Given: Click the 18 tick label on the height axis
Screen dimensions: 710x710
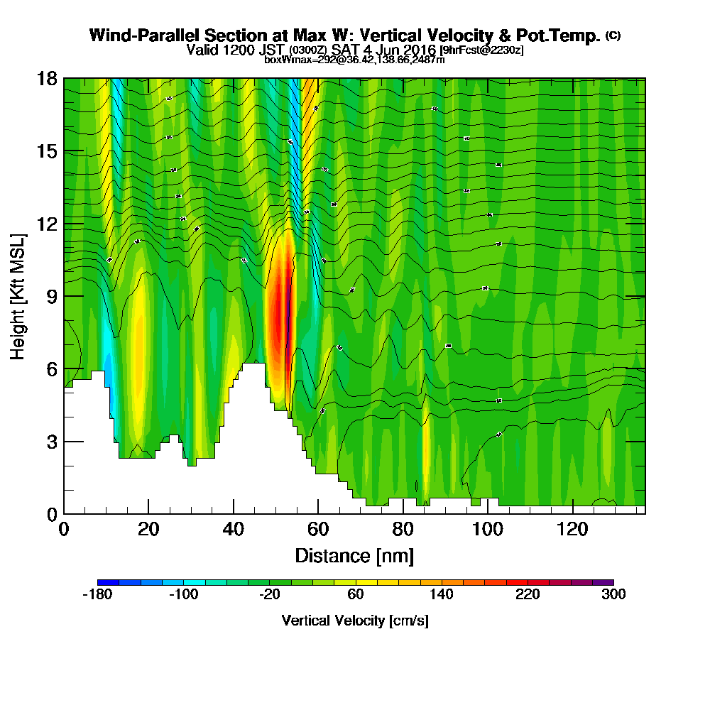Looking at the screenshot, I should click(x=47, y=78).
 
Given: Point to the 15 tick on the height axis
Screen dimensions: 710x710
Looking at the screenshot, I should click(x=47, y=151).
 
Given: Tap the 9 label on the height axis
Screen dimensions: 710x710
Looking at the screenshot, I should click(x=51, y=296).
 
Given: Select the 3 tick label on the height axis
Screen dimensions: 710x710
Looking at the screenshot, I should click(x=51, y=442).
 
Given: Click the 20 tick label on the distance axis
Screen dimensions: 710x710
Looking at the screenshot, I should click(x=148, y=530).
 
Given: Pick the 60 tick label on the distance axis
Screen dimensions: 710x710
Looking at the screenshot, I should click(x=318, y=530).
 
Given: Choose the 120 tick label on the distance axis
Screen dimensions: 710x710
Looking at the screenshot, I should click(x=572, y=530).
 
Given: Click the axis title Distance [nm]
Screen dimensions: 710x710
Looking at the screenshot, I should click(x=354, y=555).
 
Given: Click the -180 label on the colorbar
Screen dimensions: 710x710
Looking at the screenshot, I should click(x=98, y=595).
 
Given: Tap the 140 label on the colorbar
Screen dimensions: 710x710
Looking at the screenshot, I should click(x=442, y=595).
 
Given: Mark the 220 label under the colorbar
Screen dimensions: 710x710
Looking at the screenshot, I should click(x=528, y=595).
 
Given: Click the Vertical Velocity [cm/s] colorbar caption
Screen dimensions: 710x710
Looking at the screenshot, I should click(x=355, y=621).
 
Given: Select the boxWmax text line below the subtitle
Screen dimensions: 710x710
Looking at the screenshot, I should click(x=354, y=60).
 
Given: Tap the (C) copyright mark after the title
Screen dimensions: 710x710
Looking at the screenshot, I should click(x=613, y=35).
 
